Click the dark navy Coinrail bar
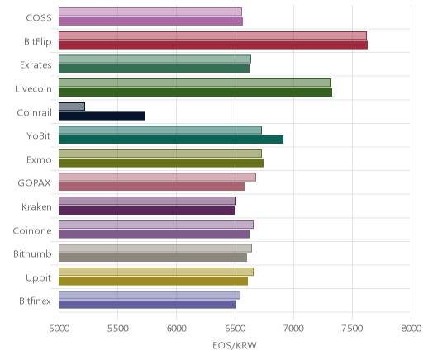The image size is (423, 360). pos(102,116)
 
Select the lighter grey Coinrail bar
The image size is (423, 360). pos(72,107)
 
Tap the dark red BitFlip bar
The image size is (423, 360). pos(213,45)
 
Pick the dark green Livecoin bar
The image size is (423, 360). pos(196,92)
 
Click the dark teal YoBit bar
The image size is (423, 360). pos(171,140)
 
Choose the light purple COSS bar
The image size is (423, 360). pos(150,12)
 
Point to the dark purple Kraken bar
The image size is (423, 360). pos(147,211)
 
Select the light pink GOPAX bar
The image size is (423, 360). pos(158,178)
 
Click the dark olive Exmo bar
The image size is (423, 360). pos(161,163)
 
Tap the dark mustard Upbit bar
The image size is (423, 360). pos(154,281)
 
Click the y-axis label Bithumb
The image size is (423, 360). pos(32,253)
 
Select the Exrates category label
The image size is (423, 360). pos(36,65)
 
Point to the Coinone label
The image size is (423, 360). pos(32,230)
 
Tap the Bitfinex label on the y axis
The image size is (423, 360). pos(35,301)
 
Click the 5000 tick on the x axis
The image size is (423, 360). pos(59,329)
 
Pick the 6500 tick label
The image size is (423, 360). pos(235,329)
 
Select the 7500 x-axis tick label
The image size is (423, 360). pos(352,329)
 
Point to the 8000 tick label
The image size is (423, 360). pos(411,329)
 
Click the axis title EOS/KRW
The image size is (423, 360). pos(235,345)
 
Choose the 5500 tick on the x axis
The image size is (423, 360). pos(118,329)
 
